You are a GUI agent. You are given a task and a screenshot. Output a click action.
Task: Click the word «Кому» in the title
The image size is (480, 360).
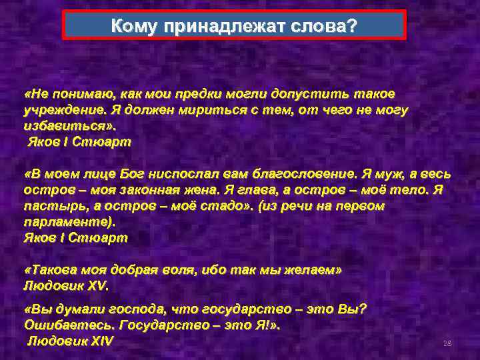click(133, 26)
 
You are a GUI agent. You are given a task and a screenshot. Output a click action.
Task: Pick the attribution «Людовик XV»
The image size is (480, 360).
click(65, 285)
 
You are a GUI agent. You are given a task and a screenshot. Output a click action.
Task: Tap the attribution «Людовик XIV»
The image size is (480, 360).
click(71, 341)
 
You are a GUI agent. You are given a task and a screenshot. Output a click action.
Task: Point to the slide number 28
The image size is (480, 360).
click(447, 343)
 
